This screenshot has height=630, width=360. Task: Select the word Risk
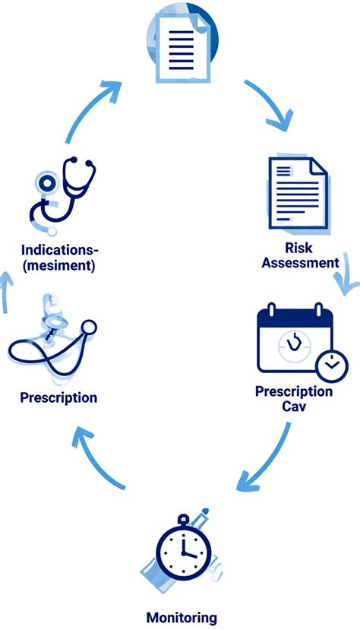(298, 248)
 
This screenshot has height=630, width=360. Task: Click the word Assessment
(301, 263)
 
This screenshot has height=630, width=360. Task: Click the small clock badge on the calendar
(331, 366)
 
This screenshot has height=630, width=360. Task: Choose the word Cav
(294, 406)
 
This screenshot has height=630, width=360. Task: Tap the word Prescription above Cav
(294, 391)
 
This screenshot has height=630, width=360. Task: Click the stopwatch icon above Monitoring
(183, 549)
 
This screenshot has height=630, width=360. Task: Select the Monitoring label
(182, 617)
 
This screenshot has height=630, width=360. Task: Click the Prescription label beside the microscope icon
(58, 397)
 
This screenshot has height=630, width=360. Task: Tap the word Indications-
(60, 250)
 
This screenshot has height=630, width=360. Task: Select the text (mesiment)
(59, 265)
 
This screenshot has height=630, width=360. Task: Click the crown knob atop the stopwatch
(183, 519)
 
